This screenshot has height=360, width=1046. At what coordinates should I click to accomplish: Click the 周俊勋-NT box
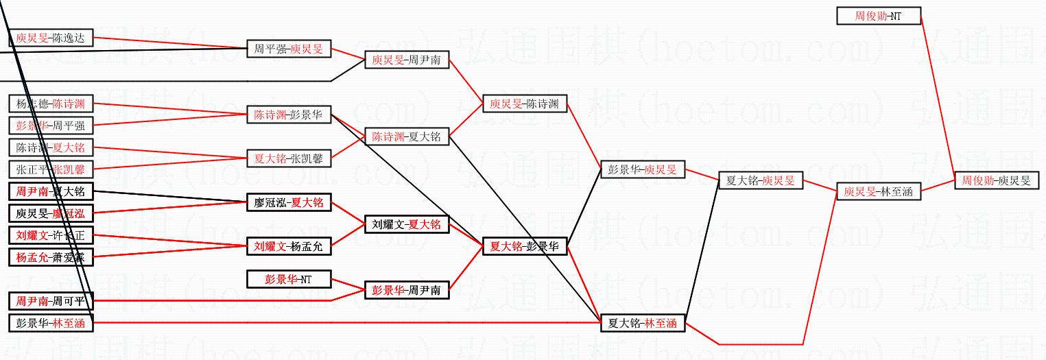pos(879,16)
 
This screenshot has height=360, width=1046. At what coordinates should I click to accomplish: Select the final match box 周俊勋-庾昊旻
pos(996,180)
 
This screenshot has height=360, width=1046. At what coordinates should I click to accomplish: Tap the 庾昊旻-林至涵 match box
pos(878,191)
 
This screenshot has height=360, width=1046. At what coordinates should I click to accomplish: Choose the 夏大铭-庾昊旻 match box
pos(760,180)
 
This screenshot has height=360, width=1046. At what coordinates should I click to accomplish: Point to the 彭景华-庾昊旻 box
pos(642,169)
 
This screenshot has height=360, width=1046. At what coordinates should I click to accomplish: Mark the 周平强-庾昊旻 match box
pos(289,49)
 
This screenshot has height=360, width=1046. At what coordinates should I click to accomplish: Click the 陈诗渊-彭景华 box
pos(289,115)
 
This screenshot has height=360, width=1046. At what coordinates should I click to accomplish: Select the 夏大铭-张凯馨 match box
pos(289,158)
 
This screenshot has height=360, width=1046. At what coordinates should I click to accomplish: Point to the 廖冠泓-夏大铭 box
pos(289,202)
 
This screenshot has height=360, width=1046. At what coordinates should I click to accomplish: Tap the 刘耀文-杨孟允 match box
pos(289,246)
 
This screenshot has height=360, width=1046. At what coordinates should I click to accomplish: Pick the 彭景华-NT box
pos(289,279)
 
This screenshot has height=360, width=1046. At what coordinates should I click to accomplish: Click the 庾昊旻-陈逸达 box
pos(51,38)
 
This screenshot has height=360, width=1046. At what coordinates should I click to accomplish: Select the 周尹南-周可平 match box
pos(51,301)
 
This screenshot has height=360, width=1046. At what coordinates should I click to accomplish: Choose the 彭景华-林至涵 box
pos(51,323)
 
